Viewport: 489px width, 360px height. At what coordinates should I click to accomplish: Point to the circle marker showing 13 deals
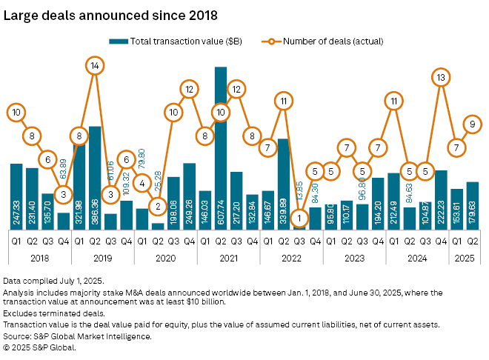[x=442, y=76]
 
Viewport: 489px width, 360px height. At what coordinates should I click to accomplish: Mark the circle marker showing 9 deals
[x=473, y=125]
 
